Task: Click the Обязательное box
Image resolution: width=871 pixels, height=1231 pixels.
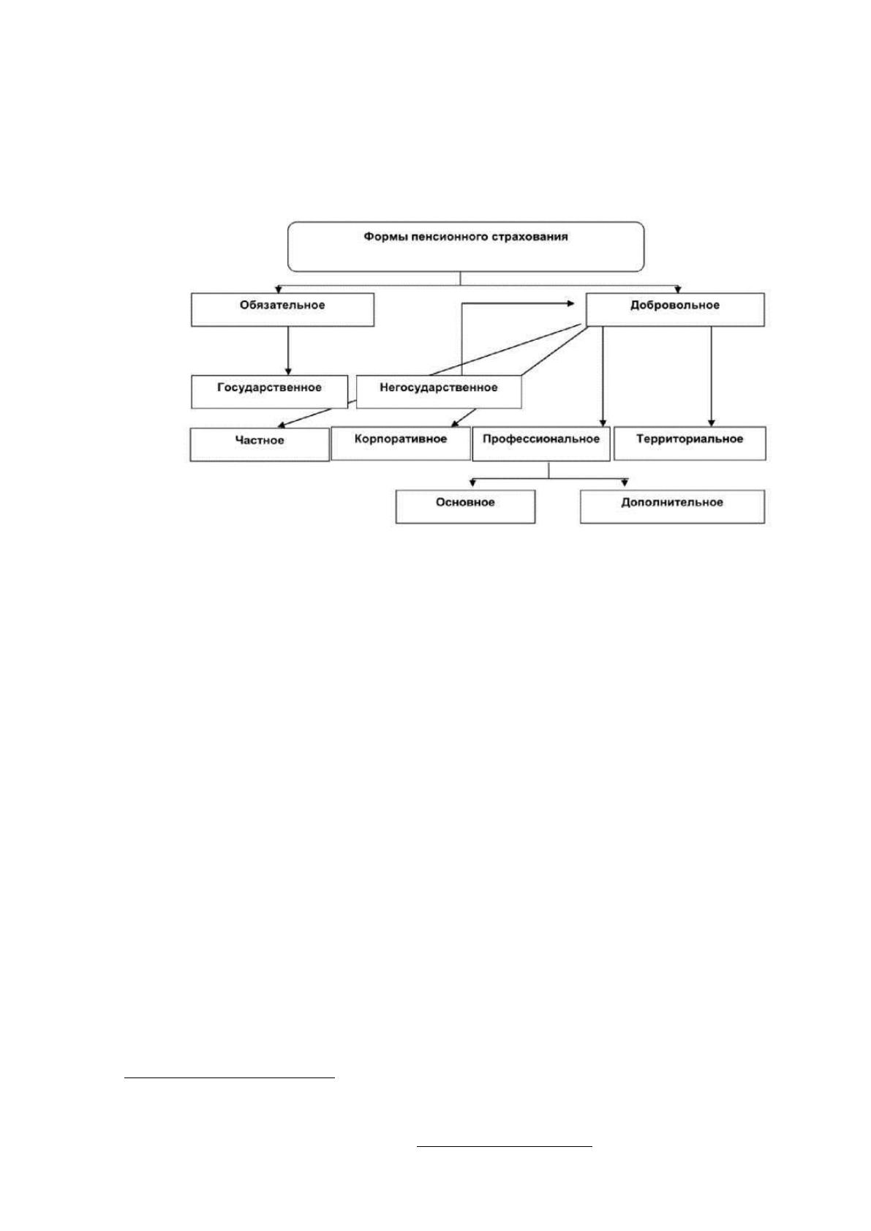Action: [x=282, y=309]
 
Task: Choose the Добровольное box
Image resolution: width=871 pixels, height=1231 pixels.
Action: [x=675, y=309]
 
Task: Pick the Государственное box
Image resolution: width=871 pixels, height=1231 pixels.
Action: [x=269, y=392]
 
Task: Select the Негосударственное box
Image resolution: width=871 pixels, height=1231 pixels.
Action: [x=439, y=392]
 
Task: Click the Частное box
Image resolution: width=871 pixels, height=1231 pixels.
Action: [x=260, y=444]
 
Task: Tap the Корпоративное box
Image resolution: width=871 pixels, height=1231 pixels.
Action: [x=401, y=444]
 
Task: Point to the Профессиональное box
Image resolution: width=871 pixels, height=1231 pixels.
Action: [x=541, y=444]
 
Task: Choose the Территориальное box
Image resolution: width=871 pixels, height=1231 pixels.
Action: [x=690, y=444]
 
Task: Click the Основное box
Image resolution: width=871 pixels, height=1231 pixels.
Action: [x=465, y=506]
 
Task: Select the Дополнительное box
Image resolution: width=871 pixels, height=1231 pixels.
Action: [x=672, y=506]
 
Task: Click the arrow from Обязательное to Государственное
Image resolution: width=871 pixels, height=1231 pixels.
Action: [x=288, y=351]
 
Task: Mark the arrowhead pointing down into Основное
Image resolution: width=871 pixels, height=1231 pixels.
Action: [x=472, y=483]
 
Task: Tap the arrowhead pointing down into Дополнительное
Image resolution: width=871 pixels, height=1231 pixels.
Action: [x=625, y=483]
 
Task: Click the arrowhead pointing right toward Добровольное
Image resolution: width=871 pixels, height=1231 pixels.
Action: [x=570, y=303]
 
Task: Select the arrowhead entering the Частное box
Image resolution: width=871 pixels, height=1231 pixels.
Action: [x=280, y=425]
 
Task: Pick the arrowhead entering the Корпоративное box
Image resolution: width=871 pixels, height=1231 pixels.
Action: [x=454, y=424]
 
